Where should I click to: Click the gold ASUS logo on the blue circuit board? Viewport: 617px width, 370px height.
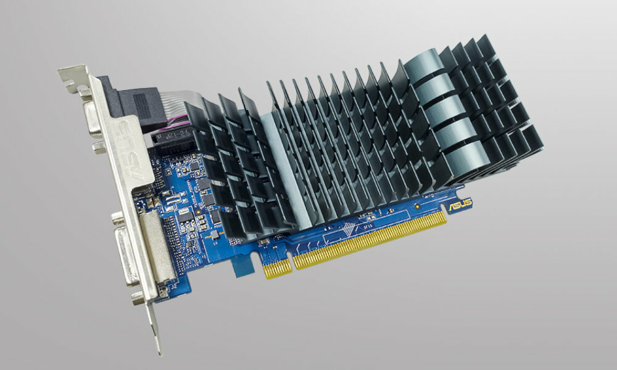(459, 204)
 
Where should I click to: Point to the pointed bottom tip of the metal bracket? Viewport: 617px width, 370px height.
(158, 349)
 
